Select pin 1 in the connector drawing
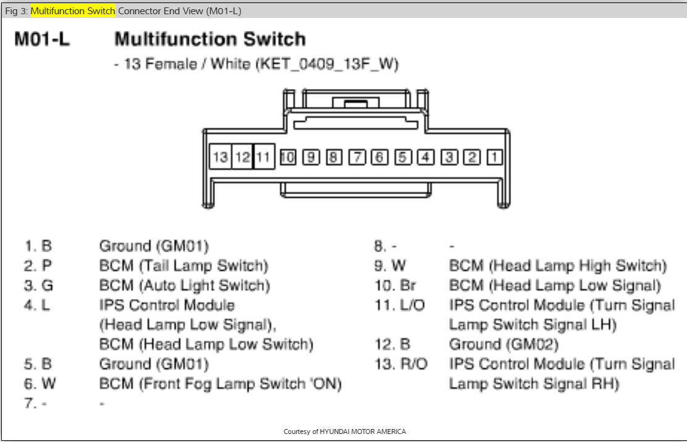[494, 157]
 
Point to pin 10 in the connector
[287, 157]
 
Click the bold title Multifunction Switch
[210, 40]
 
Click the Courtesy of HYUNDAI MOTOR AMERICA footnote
[344, 431]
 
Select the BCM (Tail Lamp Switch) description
[184, 266]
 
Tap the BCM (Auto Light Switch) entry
[185, 286]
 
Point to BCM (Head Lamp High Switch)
[558, 266]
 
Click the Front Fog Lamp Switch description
[221, 384]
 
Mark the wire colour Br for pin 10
[410, 286]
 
